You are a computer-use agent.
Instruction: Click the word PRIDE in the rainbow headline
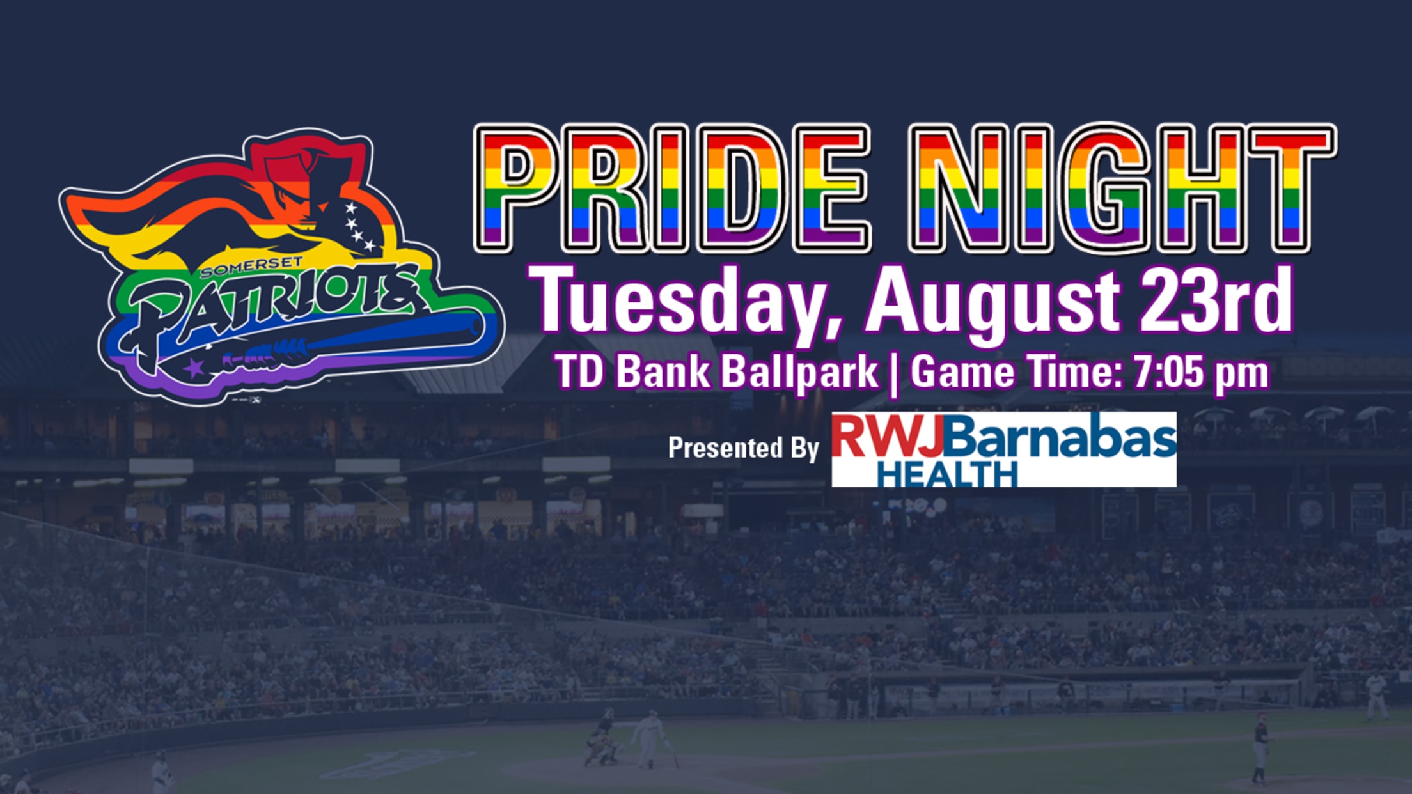pyautogui.click(x=671, y=188)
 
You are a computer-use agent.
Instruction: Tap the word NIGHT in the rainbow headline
pyautogui.click(x=1122, y=188)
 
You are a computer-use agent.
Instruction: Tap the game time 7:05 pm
pyautogui.click(x=1201, y=372)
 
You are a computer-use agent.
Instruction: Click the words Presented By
pyautogui.click(x=743, y=448)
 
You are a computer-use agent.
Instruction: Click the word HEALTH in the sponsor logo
pyautogui.click(x=947, y=474)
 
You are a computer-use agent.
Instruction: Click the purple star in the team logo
pyautogui.click(x=193, y=368)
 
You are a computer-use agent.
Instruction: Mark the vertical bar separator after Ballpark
pyautogui.click(x=894, y=373)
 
